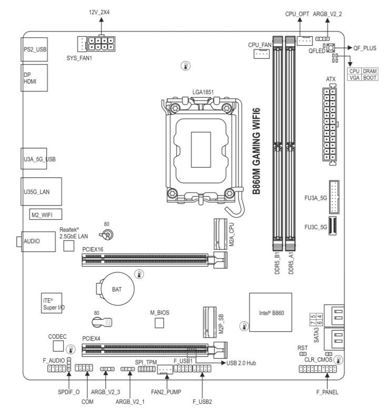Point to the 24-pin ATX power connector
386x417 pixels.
328,125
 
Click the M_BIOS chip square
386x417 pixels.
159,322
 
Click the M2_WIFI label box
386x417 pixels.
45,215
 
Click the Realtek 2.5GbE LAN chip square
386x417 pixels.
68,246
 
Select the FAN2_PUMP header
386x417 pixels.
164,370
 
